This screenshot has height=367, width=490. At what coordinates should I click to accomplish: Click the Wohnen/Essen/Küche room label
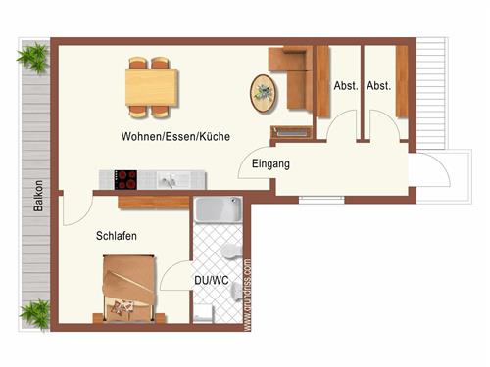(175, 136)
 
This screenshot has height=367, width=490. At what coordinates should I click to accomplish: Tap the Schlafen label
(116, 236)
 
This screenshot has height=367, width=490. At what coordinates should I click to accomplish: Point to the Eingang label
(270, 164)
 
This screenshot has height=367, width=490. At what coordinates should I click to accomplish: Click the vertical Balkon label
(38, 196)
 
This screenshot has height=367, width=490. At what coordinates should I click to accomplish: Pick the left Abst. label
(346, 86)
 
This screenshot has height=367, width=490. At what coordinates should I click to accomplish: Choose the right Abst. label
(379, 86)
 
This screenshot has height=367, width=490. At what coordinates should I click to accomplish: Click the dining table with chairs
(151, 84)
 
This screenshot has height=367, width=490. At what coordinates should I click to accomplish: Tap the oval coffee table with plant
(264, 92)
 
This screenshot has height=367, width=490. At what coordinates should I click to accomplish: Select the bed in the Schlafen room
(128, 287)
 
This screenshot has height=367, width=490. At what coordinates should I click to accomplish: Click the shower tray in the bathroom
(217, 211)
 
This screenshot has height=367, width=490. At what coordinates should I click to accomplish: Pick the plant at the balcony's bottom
(34, 313)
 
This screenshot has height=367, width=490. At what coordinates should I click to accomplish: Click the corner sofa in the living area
(294, 73)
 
